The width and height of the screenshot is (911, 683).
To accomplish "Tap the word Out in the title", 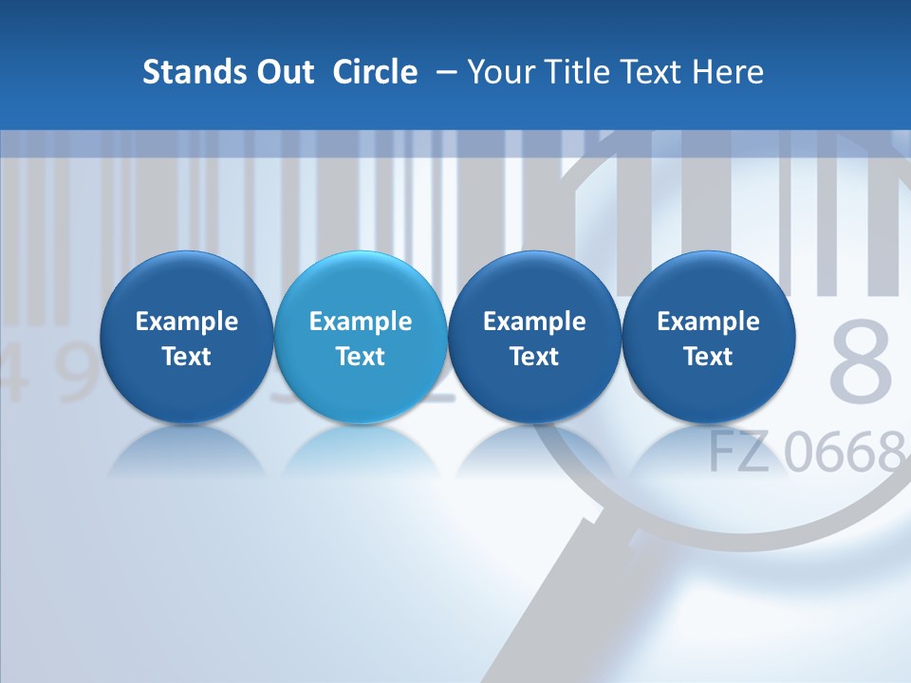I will coord(284,72).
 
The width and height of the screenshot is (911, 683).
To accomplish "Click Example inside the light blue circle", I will coord(361,322).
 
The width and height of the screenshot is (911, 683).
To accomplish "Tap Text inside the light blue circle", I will coord(361,357).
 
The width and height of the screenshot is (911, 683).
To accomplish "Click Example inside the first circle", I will coord(187,322).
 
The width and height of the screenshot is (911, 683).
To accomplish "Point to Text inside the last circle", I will coord(708,357).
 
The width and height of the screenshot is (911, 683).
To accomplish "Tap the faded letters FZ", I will coord(739,452).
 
